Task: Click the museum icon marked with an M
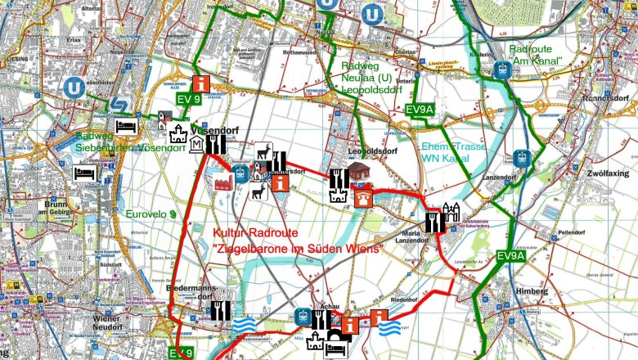[x=197, y=146]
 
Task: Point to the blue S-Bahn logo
[x=120, y=103]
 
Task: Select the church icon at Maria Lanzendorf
[x=452, y=214]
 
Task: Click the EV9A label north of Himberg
[x=510, y=257]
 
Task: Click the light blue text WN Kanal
[x=442, y=160]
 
